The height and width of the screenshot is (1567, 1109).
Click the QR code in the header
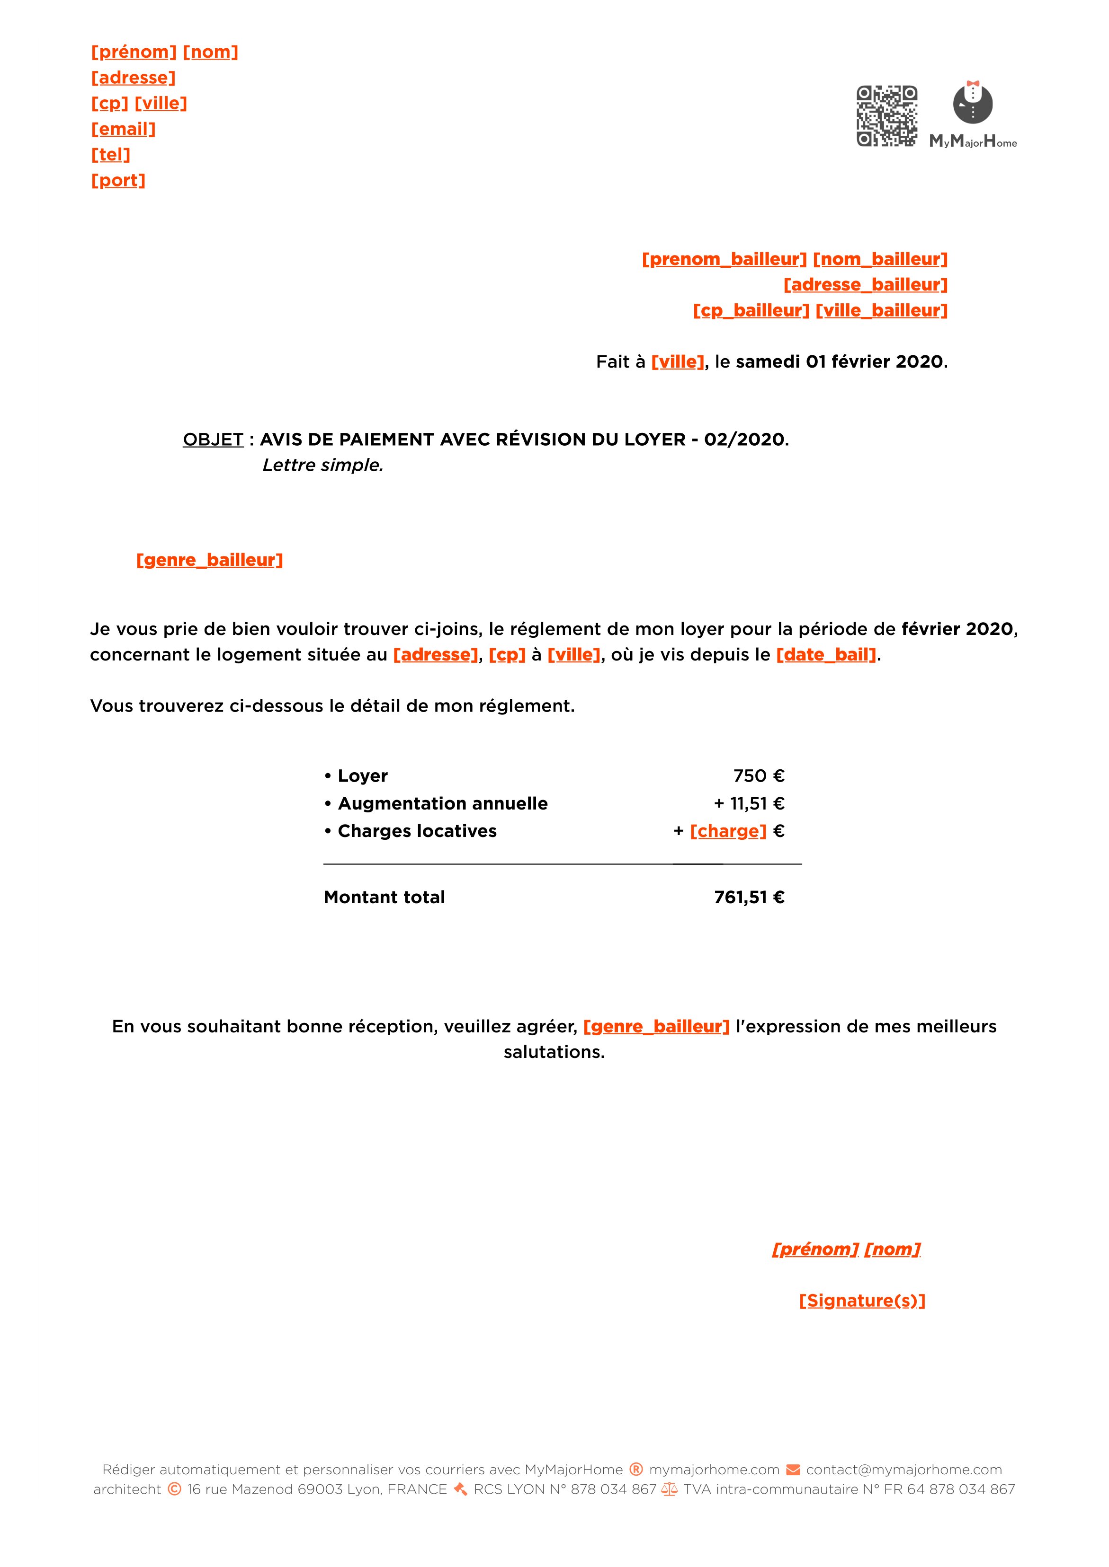[x=886, y=115]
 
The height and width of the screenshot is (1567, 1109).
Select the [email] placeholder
[x=124, y=129]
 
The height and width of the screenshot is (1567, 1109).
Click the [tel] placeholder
[x=111, y=155]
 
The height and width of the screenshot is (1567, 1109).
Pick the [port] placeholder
[x=118, y=180]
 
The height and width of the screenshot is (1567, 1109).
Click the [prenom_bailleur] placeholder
[x=724, y=259]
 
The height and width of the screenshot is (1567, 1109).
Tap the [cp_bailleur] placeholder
[x=751, y=310]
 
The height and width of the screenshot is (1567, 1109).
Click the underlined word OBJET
[x=213, y=440]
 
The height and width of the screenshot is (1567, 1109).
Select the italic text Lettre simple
[x=322, y=466]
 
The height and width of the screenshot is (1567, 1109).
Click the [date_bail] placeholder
[x=826, y=654]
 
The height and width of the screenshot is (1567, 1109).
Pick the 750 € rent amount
[x=759, y=776]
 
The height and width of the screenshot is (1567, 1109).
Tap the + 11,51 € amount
[x=749, y=803]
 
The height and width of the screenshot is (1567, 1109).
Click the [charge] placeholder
[x=728, y=831]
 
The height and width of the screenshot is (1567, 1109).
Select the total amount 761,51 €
[x=749, y=898]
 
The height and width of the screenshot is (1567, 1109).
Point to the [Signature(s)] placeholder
[x=862, y=1301]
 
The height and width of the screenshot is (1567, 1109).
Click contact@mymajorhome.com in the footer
[x=903, y=1470]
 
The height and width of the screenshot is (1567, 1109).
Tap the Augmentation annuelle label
[x=442, y=803]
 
